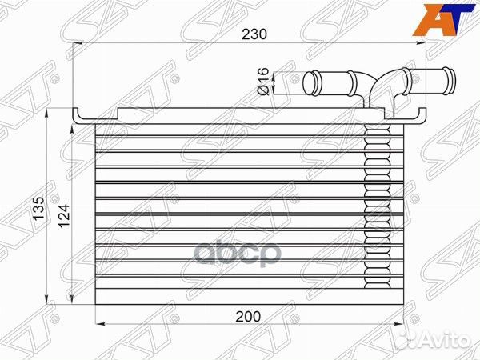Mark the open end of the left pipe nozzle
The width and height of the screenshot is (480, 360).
click(308, 82)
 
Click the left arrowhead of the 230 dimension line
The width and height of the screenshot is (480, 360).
click(77, 47)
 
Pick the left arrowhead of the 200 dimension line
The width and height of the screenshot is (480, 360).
click(98, 323)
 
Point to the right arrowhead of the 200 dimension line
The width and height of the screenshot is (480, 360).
click(394, 323)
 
